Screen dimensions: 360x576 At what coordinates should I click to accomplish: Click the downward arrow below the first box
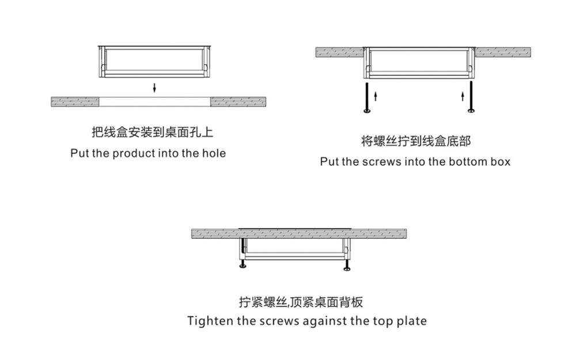[154, 88]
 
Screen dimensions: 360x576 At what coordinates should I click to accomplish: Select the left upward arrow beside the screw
[375, 94]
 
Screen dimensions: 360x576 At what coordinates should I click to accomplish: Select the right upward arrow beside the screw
[463, 94]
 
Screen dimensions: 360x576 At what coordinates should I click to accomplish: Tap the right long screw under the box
[471, 97]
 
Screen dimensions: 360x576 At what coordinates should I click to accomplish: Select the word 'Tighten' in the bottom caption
[209, 321]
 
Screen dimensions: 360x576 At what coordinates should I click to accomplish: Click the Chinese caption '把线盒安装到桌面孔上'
[152, 132]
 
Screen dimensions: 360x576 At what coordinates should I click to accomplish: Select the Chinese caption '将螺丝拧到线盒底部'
[415, 141]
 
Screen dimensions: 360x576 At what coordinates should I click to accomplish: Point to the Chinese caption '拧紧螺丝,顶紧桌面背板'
[301, 302]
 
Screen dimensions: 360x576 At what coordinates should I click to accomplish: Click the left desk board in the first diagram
[75, 101]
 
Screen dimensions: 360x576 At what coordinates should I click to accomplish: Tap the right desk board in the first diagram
[238, 101]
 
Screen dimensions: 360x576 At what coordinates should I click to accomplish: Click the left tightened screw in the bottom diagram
[242, 266]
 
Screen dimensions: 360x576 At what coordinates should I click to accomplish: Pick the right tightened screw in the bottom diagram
[347, 266]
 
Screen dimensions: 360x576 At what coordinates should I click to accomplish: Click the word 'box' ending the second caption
[501, 162]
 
